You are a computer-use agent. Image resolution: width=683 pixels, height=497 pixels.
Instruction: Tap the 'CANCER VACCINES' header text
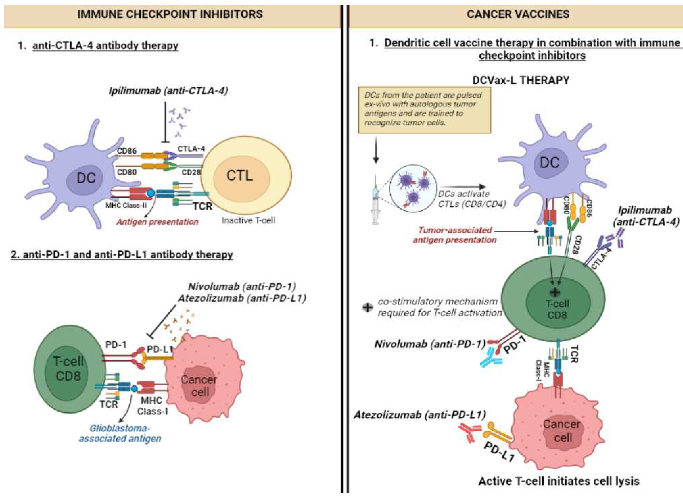pos(518,14)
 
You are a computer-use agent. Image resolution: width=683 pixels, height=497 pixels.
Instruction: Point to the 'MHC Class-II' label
pos(126,206)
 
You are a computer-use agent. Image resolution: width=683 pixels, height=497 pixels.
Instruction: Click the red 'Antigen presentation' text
pos(157,222)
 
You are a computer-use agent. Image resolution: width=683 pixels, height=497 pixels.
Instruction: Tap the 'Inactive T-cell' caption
pos(248,220)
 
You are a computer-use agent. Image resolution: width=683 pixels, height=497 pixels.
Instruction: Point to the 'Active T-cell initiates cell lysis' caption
pos(559,481)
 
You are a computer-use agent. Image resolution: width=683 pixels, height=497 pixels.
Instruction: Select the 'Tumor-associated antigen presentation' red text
pos(455,235)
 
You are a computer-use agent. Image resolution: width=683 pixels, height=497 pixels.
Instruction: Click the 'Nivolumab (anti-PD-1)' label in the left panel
pos(242,286)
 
